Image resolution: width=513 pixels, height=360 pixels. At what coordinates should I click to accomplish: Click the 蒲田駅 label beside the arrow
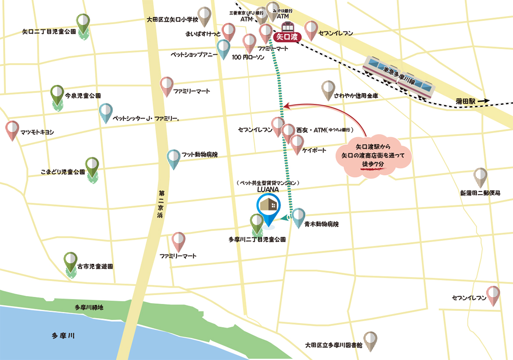coord(466,101)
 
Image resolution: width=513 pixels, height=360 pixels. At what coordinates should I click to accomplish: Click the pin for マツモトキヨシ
coord(13,130)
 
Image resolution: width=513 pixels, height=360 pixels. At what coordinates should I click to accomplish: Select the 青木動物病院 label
coord(321,224)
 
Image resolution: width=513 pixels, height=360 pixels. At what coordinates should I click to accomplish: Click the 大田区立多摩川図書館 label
coord(335,345)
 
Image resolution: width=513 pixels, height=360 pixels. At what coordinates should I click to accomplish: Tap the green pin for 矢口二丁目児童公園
coord(83,22)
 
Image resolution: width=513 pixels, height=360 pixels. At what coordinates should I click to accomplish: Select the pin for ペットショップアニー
coord(224,48)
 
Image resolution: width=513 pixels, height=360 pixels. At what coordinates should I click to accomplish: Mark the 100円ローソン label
coord(248,57)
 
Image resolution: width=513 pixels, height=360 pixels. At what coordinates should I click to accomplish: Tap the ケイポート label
coord(314,150)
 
